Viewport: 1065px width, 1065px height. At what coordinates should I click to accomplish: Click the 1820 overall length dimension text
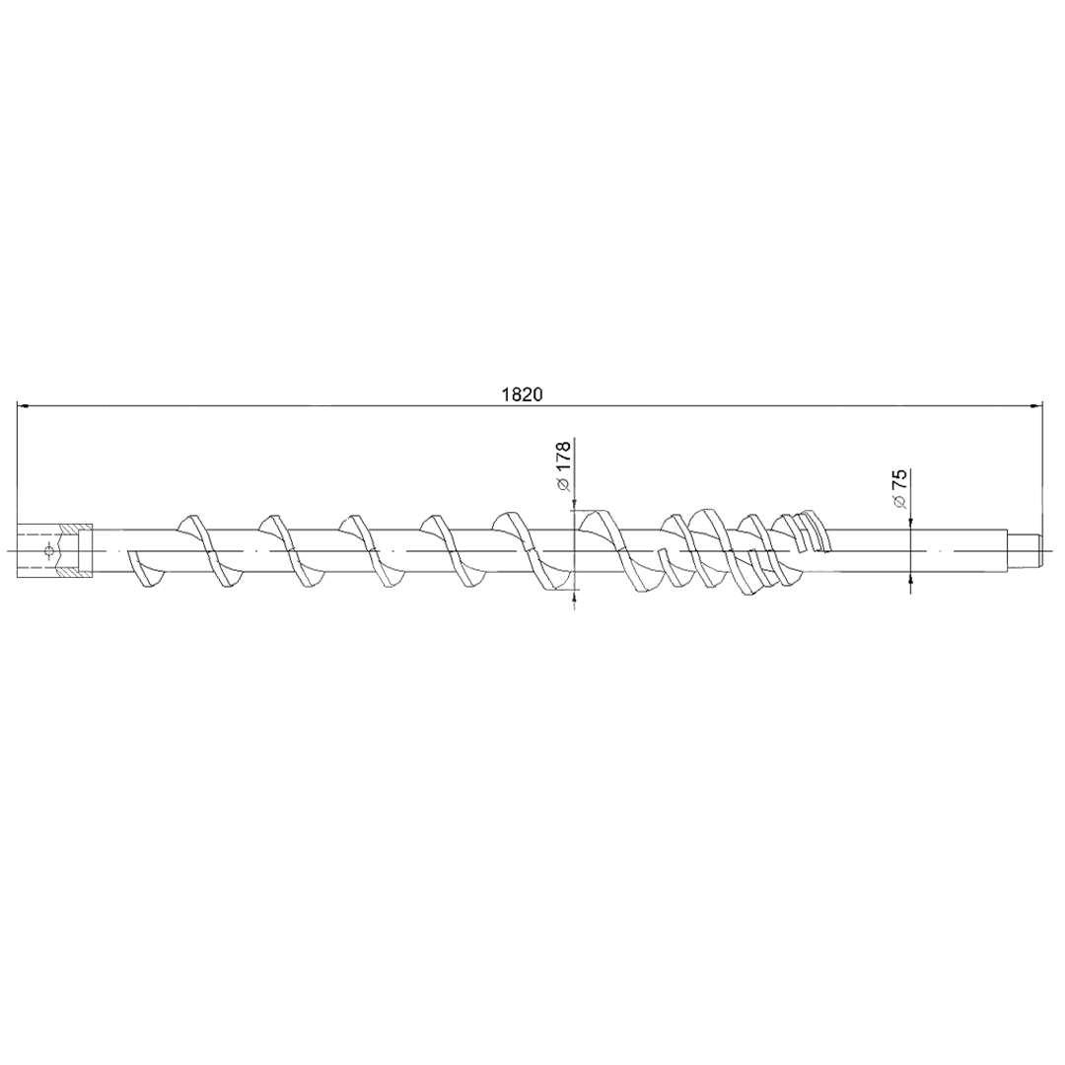(523, 394)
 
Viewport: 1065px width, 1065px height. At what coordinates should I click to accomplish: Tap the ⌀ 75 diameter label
(899, 488)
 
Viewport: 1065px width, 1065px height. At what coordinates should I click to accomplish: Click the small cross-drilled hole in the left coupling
(47, 550)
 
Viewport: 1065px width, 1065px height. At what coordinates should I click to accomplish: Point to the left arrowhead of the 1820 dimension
(22, 406)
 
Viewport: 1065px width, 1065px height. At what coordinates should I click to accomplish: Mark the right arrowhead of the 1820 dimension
(1036, 406)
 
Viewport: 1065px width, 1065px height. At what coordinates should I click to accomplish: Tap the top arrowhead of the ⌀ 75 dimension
(910, 519)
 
